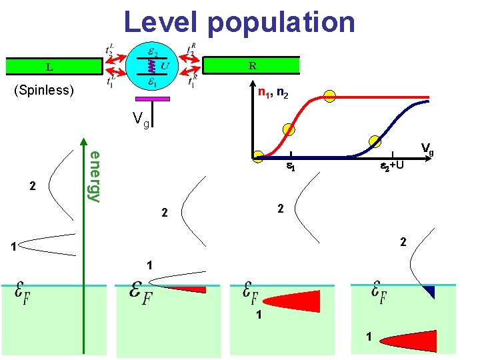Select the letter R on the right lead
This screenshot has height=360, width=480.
pyautogui.click(x=252, y=65)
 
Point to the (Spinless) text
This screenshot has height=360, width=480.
pyautogui.click(x=43, y=90)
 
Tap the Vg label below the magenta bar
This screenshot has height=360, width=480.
pyautogui.click(x=141, y=121)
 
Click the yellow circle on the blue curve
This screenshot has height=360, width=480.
pyautogui.click(x=375, y=141)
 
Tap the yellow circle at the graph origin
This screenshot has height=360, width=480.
pyautogui.click(x=258, y=157)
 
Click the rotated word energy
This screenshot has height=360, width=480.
pyautogui.click(x=95, y=176)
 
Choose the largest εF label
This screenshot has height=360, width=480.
pyautogui.click(x=141, y=293)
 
